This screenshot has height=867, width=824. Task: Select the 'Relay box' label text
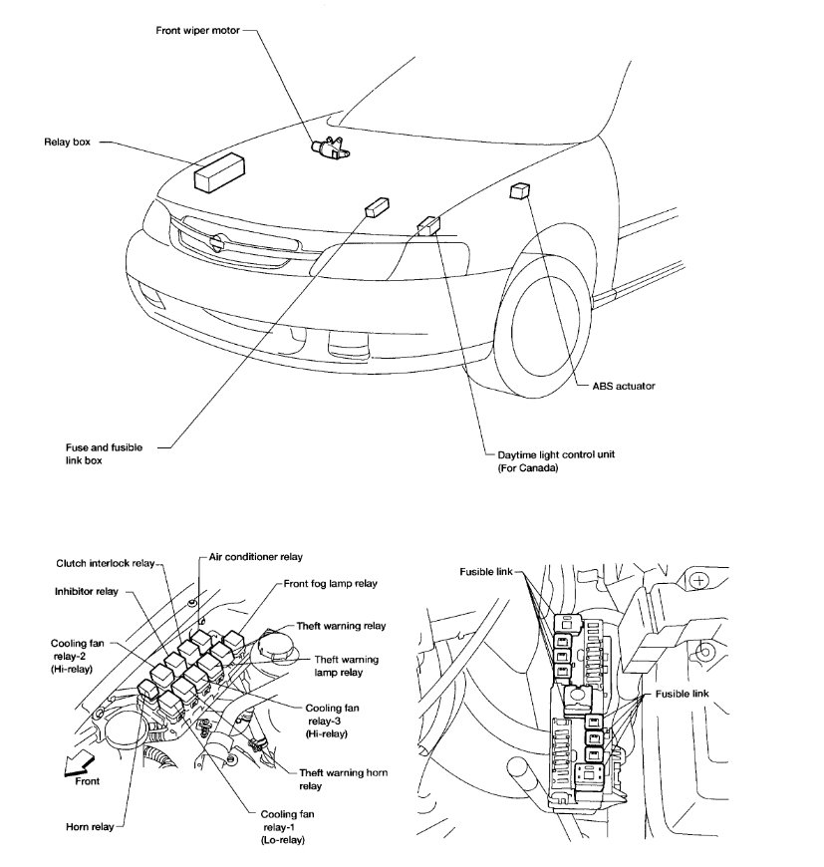[x=67, y=143]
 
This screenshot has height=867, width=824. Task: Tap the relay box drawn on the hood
[x=220, y=171]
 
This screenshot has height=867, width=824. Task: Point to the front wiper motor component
[x=331, y=146]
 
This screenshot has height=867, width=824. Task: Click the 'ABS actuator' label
[x=622, y=385]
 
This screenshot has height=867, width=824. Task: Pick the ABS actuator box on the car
[x=520, y=190]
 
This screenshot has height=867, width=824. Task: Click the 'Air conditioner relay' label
[x=256, y=556]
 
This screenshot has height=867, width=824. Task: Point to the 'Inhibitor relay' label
[x=86, y=591]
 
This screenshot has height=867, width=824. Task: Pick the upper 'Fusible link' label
[x=485, y=571]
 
